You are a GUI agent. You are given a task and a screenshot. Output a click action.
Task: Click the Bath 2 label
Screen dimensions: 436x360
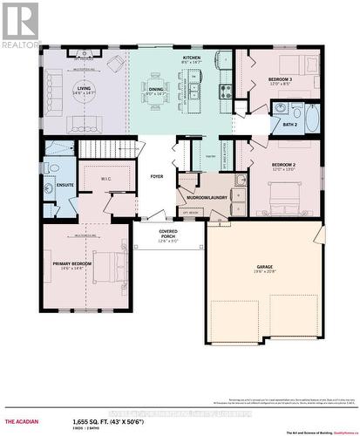[289, 125]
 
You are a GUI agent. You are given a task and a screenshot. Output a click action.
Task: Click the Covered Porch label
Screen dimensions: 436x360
[167, 233]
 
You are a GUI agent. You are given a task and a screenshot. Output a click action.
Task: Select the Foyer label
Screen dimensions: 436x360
[157, 175]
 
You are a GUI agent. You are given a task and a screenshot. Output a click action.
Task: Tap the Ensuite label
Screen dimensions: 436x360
[65, 186]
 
